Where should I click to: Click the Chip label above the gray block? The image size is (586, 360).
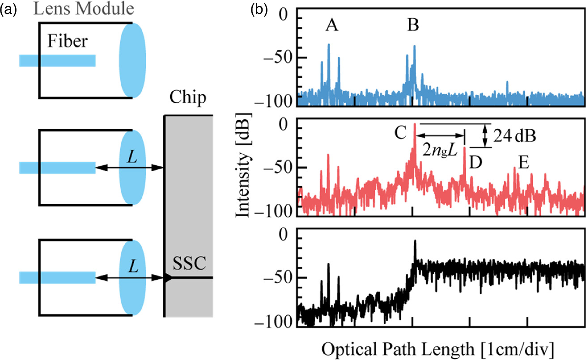(x=188, y=97)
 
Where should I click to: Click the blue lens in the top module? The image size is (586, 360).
(x=132, y=60)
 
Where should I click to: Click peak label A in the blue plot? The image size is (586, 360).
(x=331, y=26)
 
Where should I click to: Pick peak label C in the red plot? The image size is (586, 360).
(x=400, y=132)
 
